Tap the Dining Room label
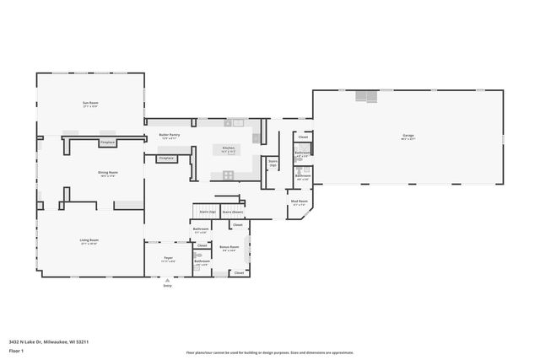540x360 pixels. point(108,173)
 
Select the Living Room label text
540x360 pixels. point(90,241)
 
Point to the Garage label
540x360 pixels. point(408,136)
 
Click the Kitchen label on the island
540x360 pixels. point(229,148)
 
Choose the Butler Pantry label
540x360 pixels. point(170,134)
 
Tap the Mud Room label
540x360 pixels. point(299,201)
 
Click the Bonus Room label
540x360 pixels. point(229,247)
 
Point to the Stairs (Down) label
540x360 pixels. point(233,212)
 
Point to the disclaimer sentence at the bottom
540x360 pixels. point(270,352)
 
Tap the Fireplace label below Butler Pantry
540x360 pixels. point(166,158)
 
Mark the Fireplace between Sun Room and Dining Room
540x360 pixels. point(107,142)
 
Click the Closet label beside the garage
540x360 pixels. point(302,137)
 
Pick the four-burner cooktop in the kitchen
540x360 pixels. point(228,175)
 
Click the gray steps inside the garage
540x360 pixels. point(366,96)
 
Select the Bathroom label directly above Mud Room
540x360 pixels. point(302,175)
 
